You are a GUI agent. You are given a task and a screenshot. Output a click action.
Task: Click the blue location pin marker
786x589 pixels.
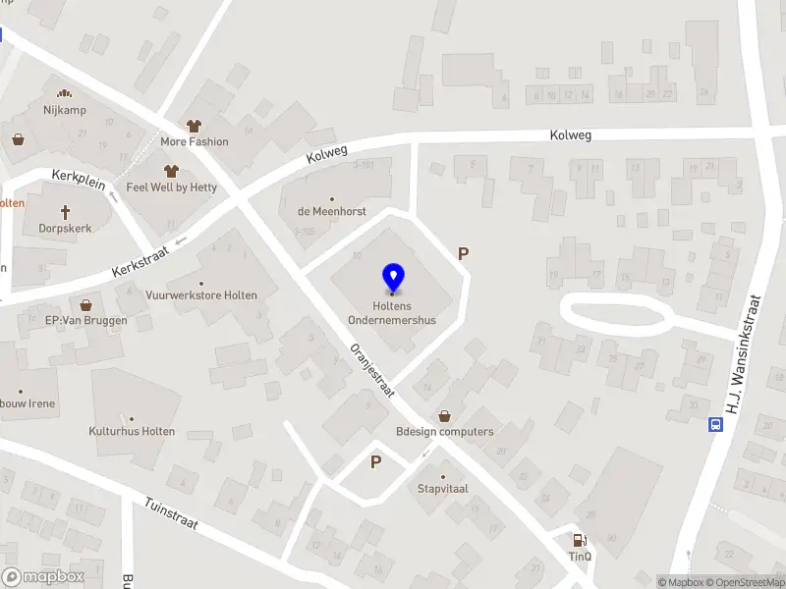coord(393,277)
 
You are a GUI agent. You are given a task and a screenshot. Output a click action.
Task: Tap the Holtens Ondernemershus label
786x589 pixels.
coord(392,312)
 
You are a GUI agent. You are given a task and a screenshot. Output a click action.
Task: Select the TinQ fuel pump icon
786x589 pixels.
coord(580,539)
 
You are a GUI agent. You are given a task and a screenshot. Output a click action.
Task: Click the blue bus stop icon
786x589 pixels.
coord(715,425)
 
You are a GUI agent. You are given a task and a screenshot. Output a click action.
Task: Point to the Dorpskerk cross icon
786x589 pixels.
coord(67,211)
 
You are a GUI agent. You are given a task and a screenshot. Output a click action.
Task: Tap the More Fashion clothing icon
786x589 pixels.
coord(194,126)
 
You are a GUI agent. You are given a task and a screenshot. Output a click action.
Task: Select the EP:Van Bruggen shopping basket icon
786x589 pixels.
coord(85,305)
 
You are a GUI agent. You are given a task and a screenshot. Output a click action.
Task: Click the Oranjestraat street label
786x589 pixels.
coord(372,370)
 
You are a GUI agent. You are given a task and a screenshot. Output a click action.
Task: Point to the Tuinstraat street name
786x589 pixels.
coord(171,511)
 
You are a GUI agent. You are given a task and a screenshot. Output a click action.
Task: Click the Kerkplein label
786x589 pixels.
coord(78,180)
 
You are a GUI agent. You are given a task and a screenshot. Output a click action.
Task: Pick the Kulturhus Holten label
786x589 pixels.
coord(132,431)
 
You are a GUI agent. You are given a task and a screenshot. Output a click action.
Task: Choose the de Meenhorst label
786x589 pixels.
coord(331,211)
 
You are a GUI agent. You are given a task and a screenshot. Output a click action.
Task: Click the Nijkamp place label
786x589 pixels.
coord(66,110)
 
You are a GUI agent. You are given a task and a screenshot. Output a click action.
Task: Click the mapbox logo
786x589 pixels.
coord(43,577)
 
